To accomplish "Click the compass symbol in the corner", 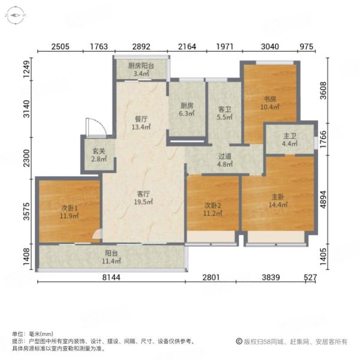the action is [16, 16].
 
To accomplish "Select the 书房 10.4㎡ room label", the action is [270, 103].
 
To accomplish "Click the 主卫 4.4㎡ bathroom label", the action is [290, 140].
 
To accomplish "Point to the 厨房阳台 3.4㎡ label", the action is [141, 70].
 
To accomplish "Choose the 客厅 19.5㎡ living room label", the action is [143, 198].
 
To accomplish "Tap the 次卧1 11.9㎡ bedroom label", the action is [70, 212].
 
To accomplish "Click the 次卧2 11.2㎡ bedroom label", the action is [212, 209].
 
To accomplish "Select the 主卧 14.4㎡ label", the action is [278, 200].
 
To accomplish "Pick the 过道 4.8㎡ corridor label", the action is [225, 160].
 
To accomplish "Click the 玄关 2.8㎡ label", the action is [99, 155].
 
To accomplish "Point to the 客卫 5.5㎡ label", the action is [224, 113].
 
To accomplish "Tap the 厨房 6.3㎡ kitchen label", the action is [187, 109].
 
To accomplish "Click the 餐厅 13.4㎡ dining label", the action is [141, 123].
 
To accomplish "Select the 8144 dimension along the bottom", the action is [111, 277].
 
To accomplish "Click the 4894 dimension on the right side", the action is [323, 200].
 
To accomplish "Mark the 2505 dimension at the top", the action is [61, 47].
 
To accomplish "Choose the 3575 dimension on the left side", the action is [27, 211].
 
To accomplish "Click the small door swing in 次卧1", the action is [97, 234].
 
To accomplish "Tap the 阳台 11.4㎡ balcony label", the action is [112, 257].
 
